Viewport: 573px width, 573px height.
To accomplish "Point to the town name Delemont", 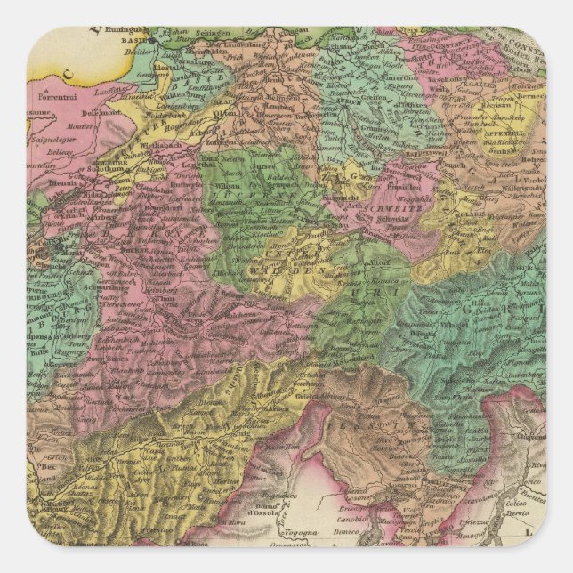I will tap(93, 114).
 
